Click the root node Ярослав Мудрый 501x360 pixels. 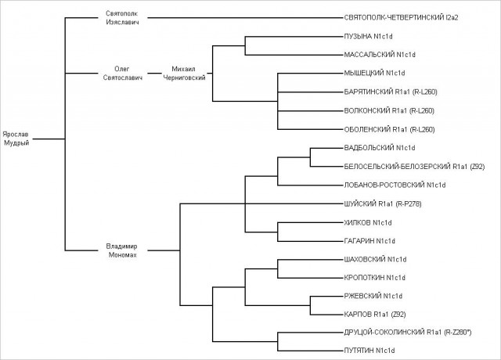coord(16,139)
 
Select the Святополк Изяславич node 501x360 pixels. coord(122,18)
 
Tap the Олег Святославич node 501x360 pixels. coord(122,73)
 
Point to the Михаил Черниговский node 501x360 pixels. coord(184,73)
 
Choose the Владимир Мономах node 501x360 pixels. coord(122,250)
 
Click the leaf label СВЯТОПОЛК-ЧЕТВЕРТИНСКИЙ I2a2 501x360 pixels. coord(401,18)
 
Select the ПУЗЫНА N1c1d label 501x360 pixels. coord(368,37)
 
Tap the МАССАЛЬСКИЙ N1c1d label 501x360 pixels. coord(380,55)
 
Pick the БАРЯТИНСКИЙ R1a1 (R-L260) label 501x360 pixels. coord(391,92)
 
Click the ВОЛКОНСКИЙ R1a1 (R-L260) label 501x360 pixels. coord(389,111)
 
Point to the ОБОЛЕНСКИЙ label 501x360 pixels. coord(367,129)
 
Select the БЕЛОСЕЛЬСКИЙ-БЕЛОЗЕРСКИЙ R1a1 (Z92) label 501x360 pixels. coord(414,167)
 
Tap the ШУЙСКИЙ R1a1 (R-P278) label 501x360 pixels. coord(383,203)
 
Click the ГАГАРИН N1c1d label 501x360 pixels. coord(369,241)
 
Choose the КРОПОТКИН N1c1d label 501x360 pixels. coord(374,278)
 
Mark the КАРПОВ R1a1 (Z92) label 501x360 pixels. coord(375,315)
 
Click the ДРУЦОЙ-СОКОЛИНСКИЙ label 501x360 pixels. coord(384,333)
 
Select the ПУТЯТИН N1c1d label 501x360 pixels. coord(369,351)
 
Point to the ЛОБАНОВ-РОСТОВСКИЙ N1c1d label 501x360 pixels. coord(395,185)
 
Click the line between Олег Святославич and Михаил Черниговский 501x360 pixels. coord(155,74)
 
